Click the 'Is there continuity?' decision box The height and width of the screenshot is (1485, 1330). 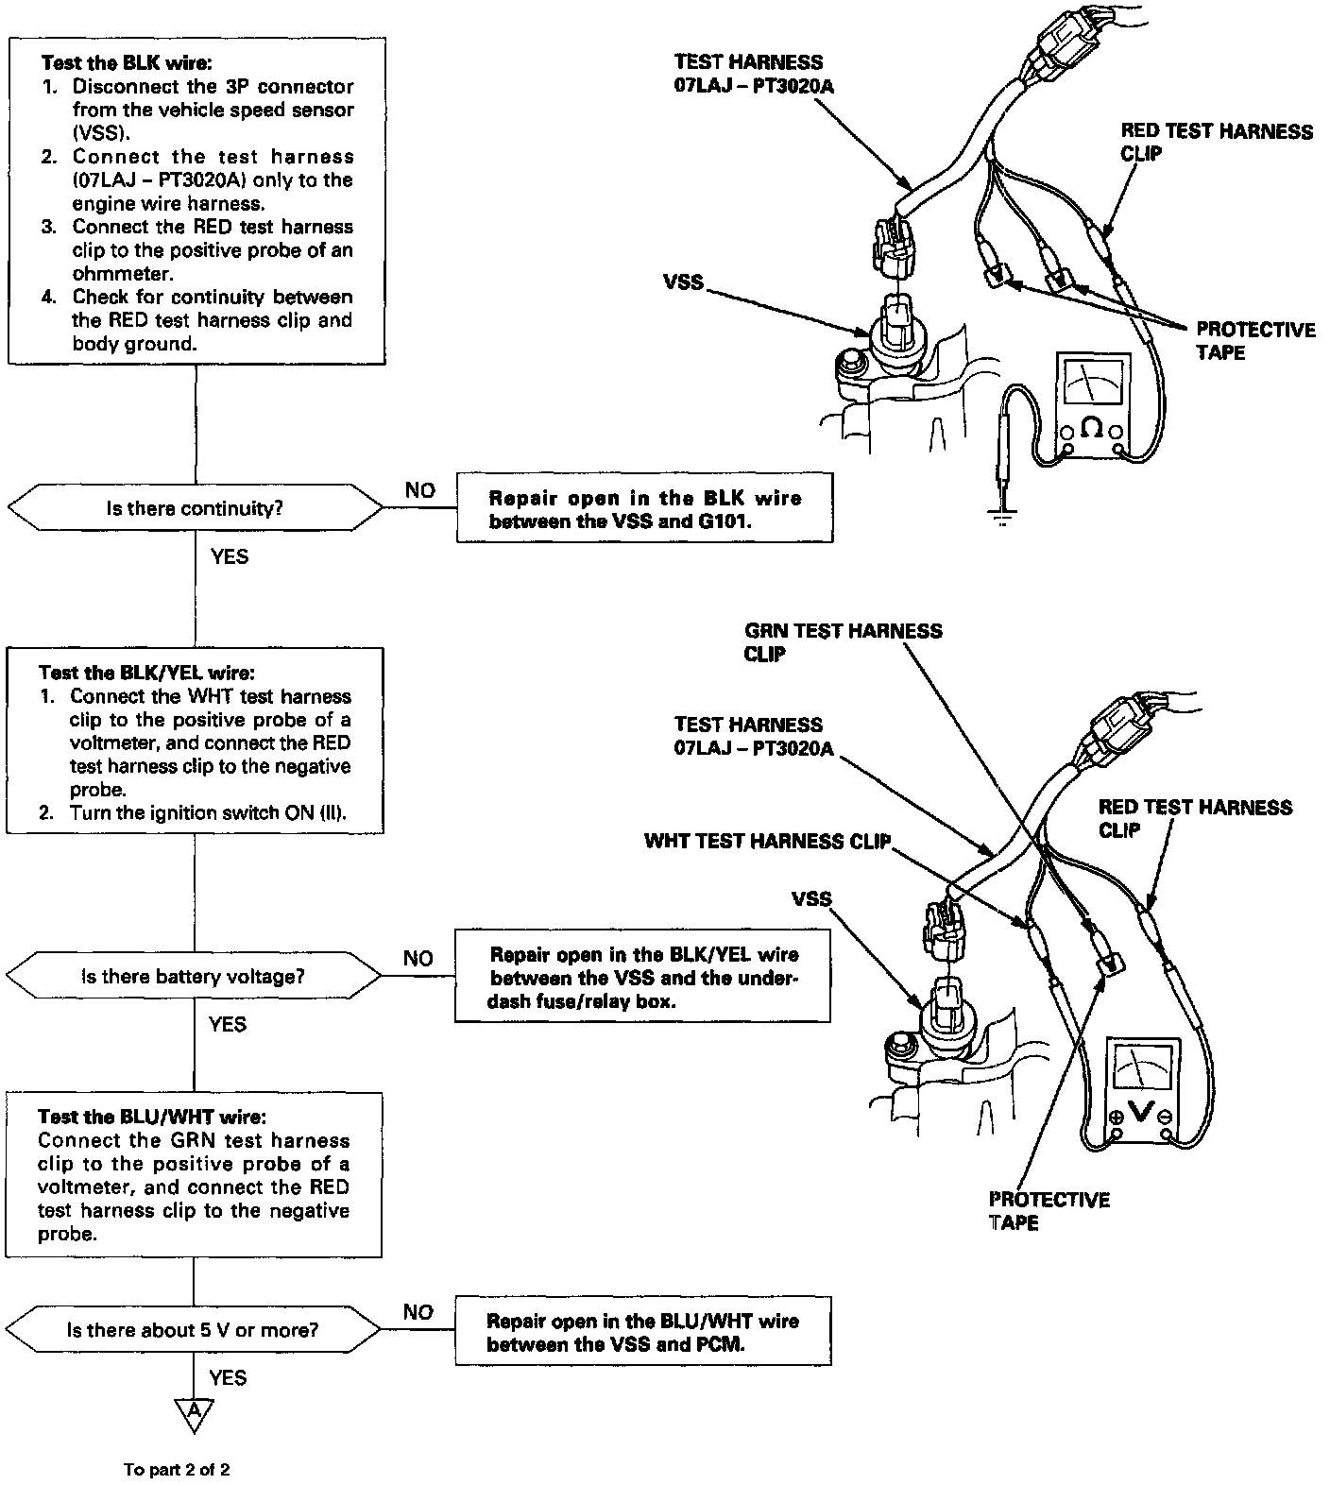[195, 509]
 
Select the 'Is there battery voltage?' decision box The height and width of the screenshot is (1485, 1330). [194, 976]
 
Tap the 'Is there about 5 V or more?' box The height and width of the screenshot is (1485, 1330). [193, 1330]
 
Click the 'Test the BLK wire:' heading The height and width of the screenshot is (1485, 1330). [127, 63]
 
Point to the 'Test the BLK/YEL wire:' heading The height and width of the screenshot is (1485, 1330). [145, 673]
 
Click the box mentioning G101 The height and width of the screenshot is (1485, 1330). [644, 509]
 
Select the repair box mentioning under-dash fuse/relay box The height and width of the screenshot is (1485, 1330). [642, 977]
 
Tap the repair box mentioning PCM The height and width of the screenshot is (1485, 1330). [642, 1332]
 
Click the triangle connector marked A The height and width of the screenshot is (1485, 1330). [194, 1410]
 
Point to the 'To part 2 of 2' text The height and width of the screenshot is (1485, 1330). [177, 1470]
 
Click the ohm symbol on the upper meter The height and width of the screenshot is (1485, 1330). [1091, 428]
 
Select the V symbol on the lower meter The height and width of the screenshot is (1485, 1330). [1141, 1113]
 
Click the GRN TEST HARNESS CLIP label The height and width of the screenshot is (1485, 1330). [843, 642]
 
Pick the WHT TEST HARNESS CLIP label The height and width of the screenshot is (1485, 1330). [767, 841]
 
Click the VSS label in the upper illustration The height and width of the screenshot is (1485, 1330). [682, 282]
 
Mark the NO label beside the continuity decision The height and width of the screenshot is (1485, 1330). [420, 489]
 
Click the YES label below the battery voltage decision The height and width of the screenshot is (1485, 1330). [228, 1024]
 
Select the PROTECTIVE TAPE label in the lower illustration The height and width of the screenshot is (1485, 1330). [1049, 1211]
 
